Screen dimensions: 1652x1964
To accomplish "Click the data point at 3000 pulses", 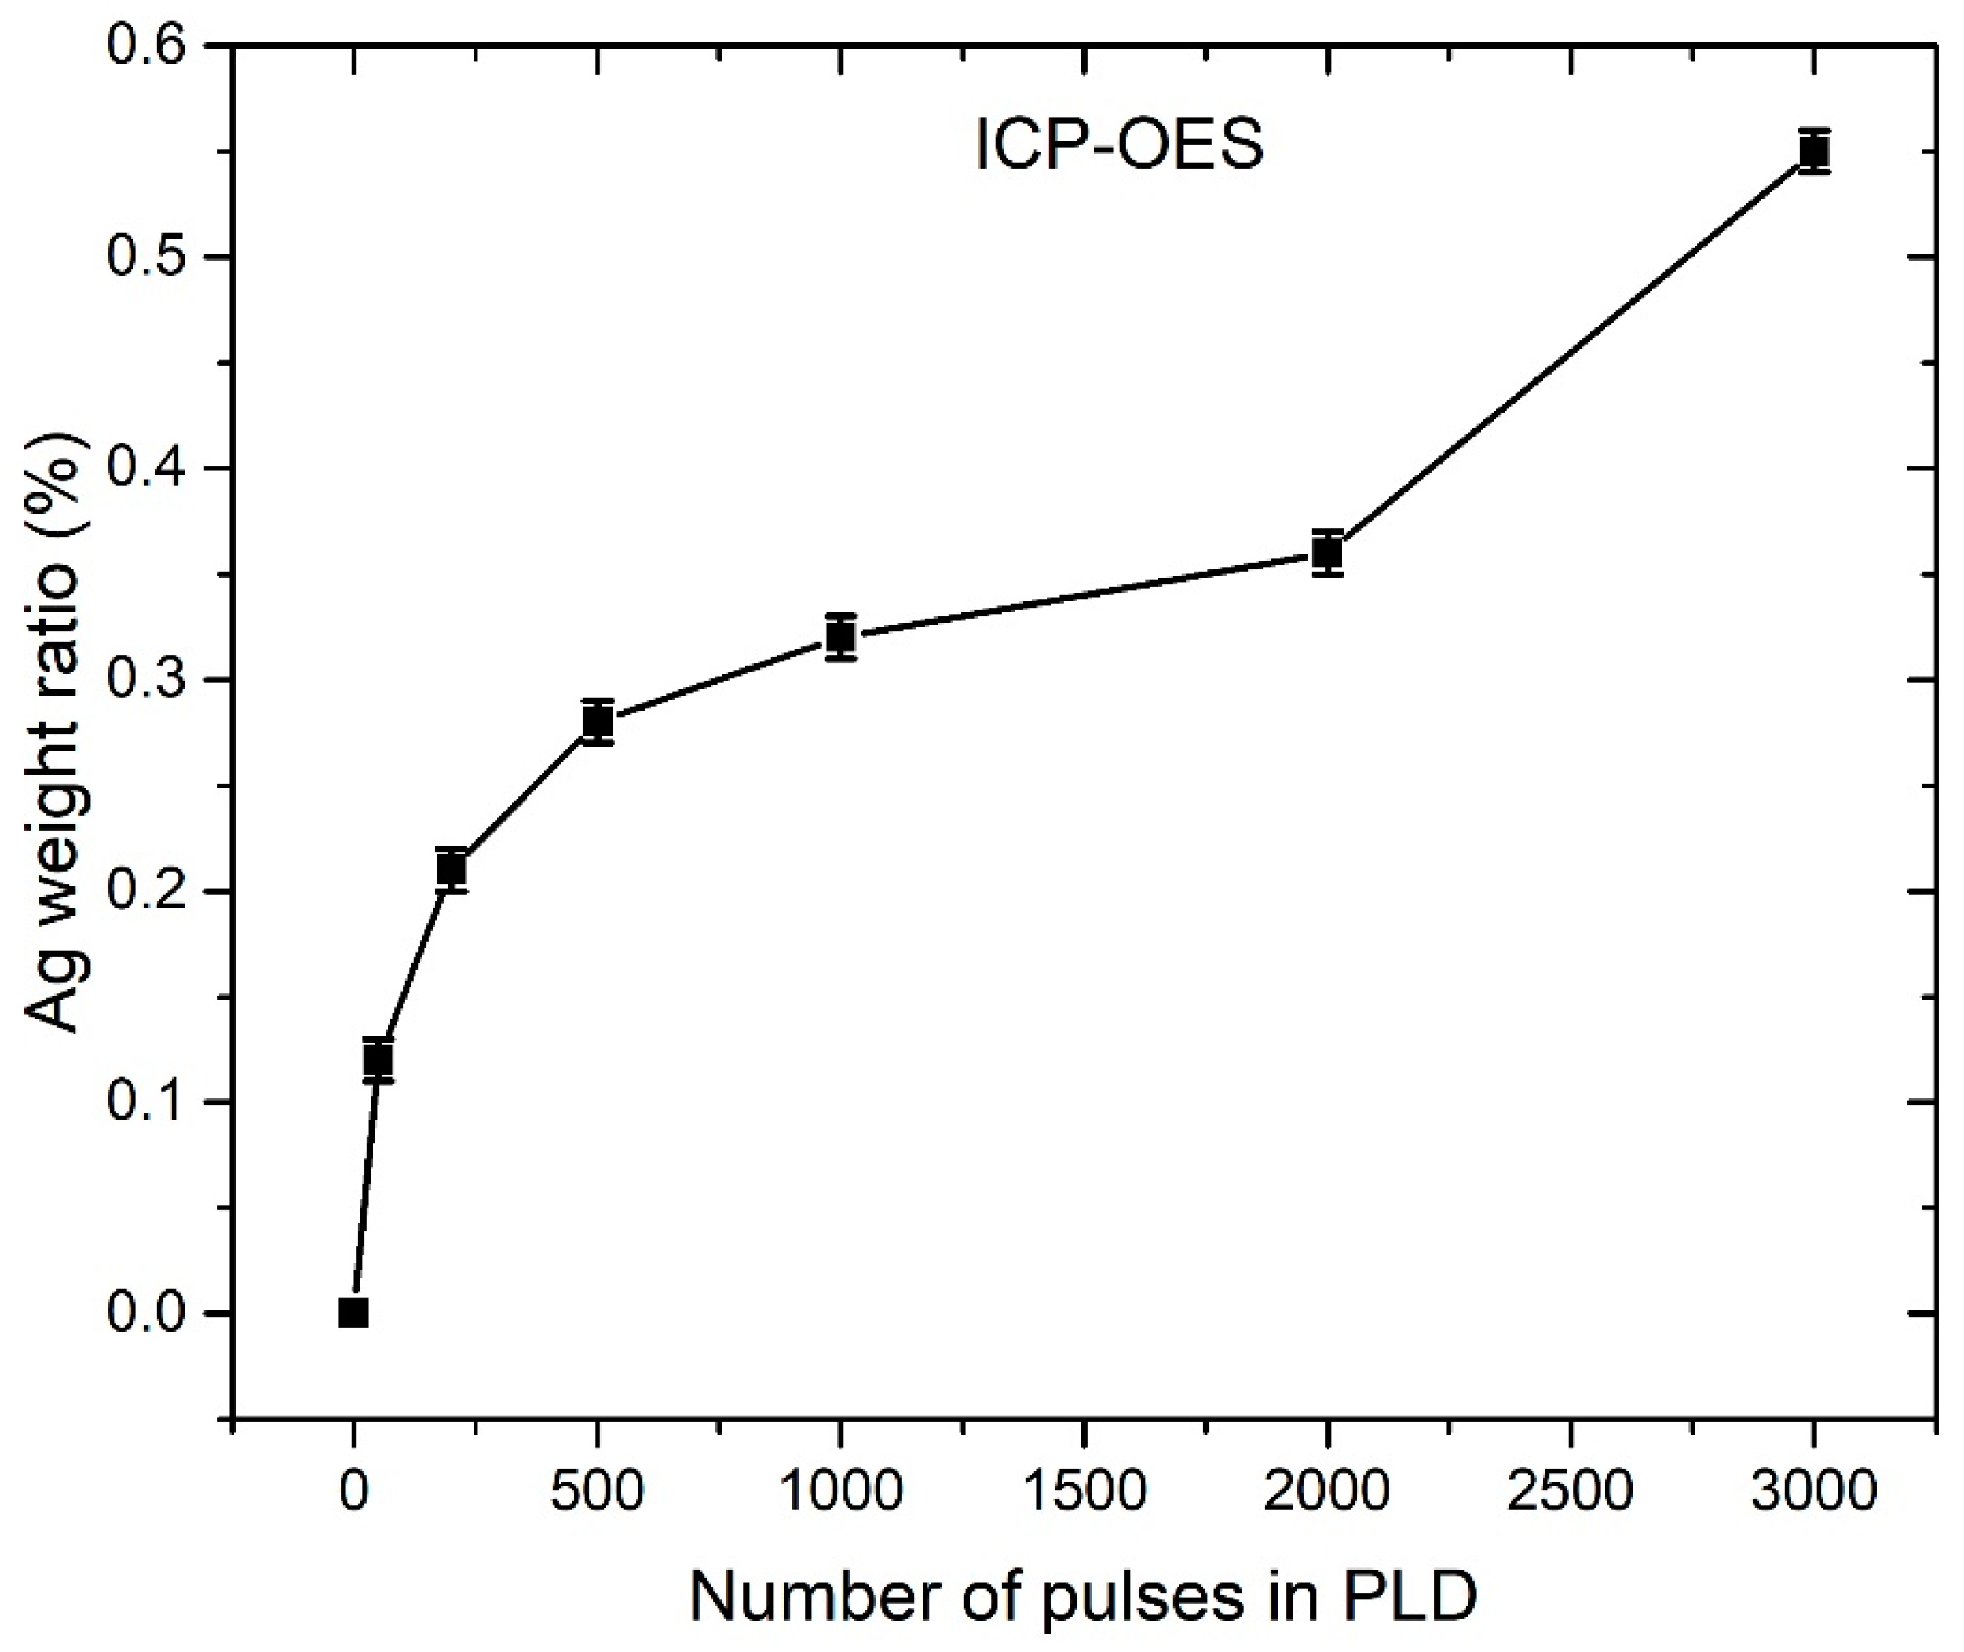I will click(x=1814, y=152).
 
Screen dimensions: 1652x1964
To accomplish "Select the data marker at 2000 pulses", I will click(x=1327, y=554).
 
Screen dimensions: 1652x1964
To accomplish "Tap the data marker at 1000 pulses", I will click(x=841, y=638).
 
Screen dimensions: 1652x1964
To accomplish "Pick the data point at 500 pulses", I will click(x=598, y=722).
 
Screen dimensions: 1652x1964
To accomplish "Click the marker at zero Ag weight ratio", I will click(x=353, y=1313).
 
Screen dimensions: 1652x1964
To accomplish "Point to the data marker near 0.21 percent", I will click(x=452, y=870).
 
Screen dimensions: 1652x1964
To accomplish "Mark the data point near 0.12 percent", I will click(x=378, y=1060).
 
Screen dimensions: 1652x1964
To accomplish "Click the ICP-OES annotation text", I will click(x=1119, y=147).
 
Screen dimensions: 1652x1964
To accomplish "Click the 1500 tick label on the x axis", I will click(x=1084, y=1491).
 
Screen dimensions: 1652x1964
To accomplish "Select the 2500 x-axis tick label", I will click(x=1571, y=1491).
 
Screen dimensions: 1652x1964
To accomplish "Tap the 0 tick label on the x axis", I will click(x=353, y=1491).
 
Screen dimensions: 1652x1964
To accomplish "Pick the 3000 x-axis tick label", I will click(x=1814, y=1491).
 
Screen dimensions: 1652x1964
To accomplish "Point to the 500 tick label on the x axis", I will click(x=598, y=1491).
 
